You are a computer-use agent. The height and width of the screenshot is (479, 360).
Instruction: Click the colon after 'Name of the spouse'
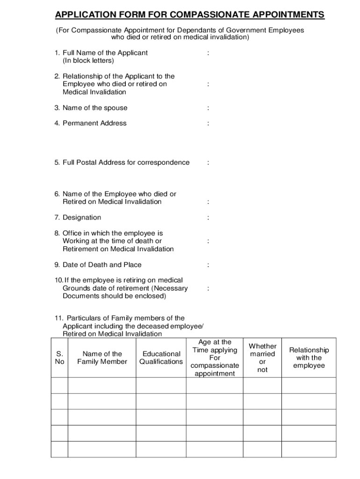click(208, 108)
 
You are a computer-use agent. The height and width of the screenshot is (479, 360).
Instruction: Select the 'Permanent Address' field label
click(94, 123)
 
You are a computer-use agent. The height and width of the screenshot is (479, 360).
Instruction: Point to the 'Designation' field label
click(81, 218)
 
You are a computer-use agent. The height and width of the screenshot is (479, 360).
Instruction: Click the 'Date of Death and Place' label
click(101, 265)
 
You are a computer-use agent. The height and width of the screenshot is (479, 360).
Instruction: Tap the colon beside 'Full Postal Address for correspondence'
click(208, 163)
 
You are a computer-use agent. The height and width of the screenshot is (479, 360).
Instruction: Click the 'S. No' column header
click(59, 358)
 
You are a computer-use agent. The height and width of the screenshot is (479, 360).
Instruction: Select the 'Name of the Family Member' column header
click(102, 358)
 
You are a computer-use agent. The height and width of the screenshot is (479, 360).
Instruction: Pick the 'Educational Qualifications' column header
click(161, 358)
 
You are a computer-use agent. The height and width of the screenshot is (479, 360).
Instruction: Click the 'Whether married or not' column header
click(262, 358)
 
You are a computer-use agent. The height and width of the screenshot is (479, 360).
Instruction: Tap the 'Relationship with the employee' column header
click(309, 358)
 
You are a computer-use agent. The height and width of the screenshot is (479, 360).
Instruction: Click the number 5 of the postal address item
click(57, 163)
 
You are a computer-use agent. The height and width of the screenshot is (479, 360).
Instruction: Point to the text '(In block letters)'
click(88, 61)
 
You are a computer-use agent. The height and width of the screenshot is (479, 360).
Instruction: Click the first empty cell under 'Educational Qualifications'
click(161, 385)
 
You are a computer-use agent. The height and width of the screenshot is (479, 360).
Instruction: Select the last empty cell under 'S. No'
click(59, 449)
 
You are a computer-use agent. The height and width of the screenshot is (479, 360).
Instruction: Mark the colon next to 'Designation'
click(208, 218)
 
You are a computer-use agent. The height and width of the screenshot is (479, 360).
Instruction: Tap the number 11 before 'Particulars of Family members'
click(58, 318)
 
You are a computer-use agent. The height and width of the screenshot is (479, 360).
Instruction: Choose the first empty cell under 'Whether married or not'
click(262, 385)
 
